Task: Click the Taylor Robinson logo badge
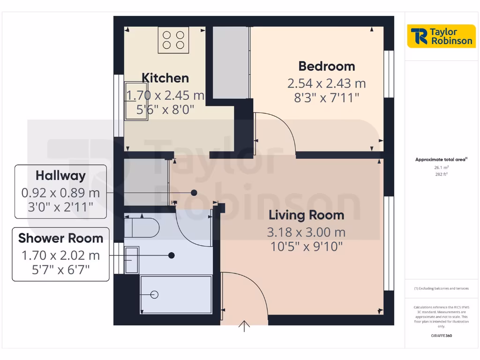(441, 36)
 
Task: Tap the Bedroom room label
(327, 66)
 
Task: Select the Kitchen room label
(165, 78)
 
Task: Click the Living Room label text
(306, 215)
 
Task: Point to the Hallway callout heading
(60, 176)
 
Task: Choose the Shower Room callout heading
(60, 238)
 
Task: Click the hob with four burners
(173, 38)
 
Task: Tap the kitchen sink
(136, 102)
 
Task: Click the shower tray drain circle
(154, 294)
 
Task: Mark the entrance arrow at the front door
(244, 326)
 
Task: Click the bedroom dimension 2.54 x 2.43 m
(327, 83)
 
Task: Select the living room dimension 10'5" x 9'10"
(306, 247)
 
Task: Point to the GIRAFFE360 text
(441, 336)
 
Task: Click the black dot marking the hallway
(194, 193)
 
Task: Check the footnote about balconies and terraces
(441, 288)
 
